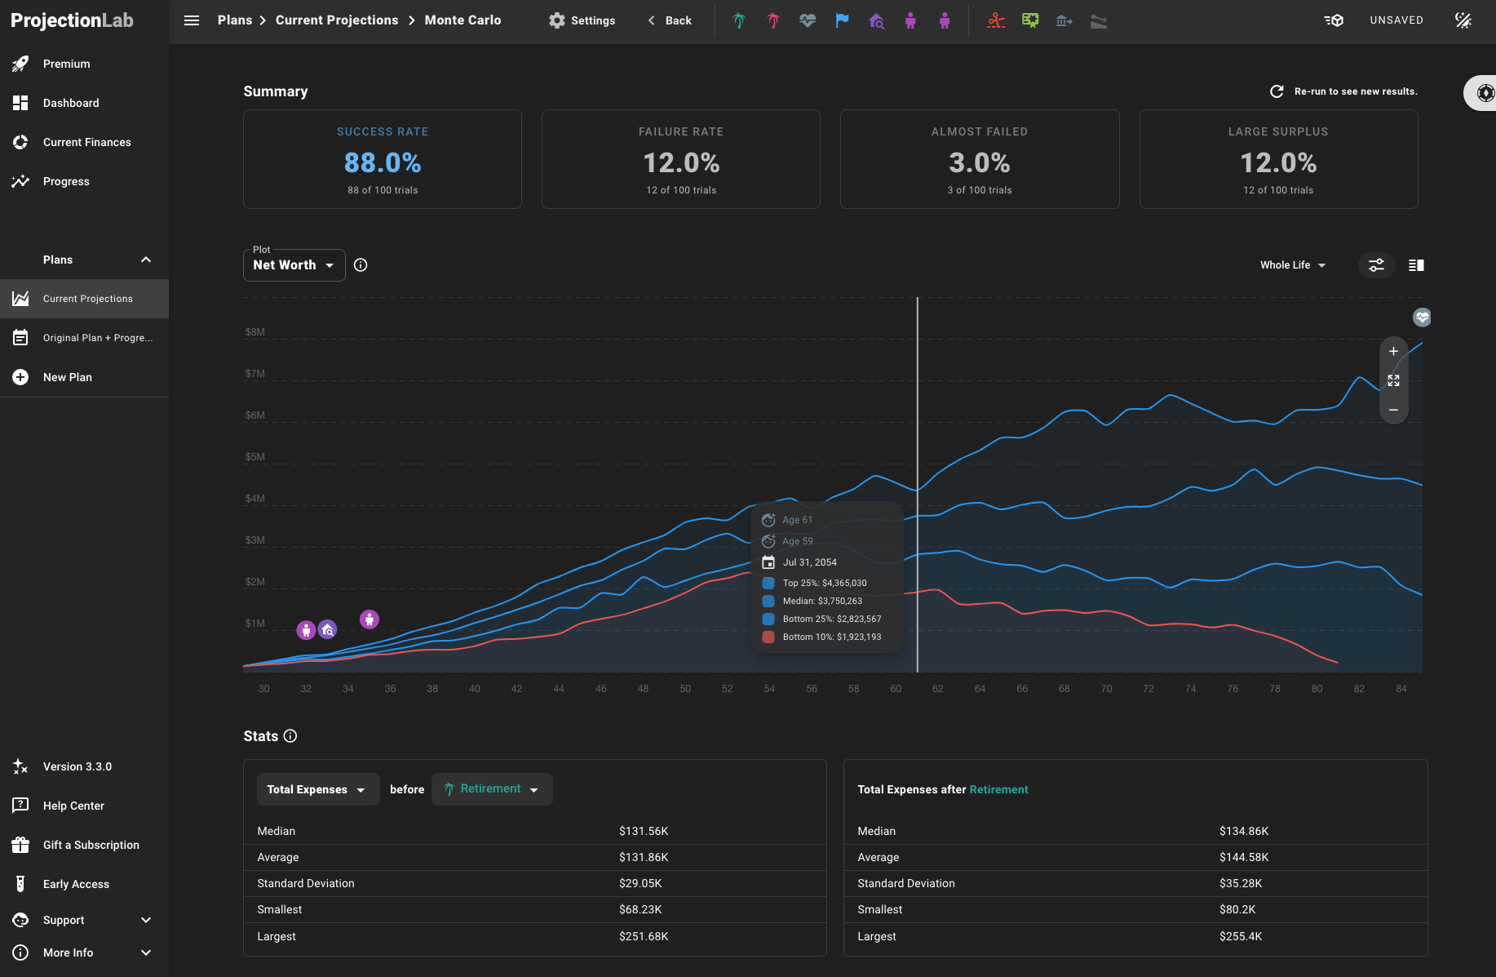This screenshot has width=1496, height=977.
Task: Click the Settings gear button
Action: pyautogui.click(x=582, y=20)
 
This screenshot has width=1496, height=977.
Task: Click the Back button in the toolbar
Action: pyautogui.click(x=670, y=20)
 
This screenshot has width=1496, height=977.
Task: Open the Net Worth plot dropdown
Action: pyautogui.click(x=294, y=265)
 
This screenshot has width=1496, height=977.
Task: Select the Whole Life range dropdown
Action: pyautogui.click(x=1292, y=265)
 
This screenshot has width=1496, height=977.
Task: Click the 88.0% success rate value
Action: pyautogui.click(x=383, y=162)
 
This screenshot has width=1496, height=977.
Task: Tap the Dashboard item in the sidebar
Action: pyautogui.click(x=71, y=103)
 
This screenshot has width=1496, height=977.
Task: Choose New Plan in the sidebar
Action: pyautogui.click(x=67, y=377)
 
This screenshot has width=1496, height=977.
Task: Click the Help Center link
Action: pyautogui.click(x=73, y=806)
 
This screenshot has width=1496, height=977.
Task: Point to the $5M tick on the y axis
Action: pyautogui.click(x=255, y=457)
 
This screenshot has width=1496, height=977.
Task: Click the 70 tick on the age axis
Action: pyautogui.click(x=1106, y=689)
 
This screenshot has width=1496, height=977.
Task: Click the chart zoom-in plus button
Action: pyautogui.click(x=1393, y=352)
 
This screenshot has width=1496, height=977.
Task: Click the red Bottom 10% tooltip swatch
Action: pyautogui.click(x=768, y=637)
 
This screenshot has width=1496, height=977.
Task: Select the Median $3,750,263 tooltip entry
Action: pyautogui.click(x=821, y=601)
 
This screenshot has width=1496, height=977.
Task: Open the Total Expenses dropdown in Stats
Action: pyautogui.click(x=317, y=789)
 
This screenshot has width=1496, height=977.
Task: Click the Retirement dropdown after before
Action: pyautogui.click(x=492, y=789)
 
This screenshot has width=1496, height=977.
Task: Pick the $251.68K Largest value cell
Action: pyautogui.click(x=644, y=936)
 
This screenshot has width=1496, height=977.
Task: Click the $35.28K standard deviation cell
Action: pyautogui.click(x=1241, y=883)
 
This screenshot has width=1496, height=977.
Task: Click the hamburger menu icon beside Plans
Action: pyautogui.click(x=192, y=20)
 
